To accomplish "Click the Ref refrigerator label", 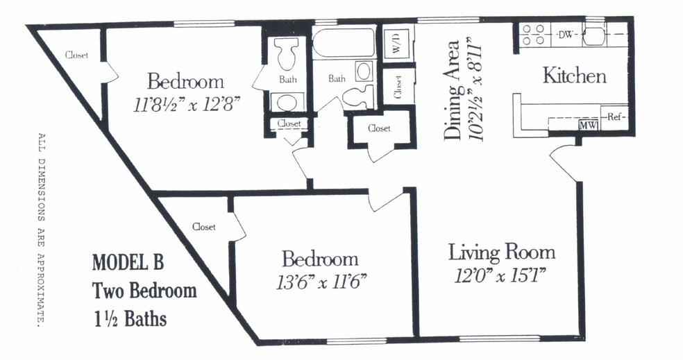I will pyautogui.click(x=616, y=117).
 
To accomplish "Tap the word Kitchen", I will pyautogui.click(x=574, y=76).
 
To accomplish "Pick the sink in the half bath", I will pyautogui.click(x=287, y=102).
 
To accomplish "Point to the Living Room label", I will pyautogui.click(x=501, y=251).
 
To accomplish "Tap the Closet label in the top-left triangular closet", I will pyautogui.click(x=76, y=55).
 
